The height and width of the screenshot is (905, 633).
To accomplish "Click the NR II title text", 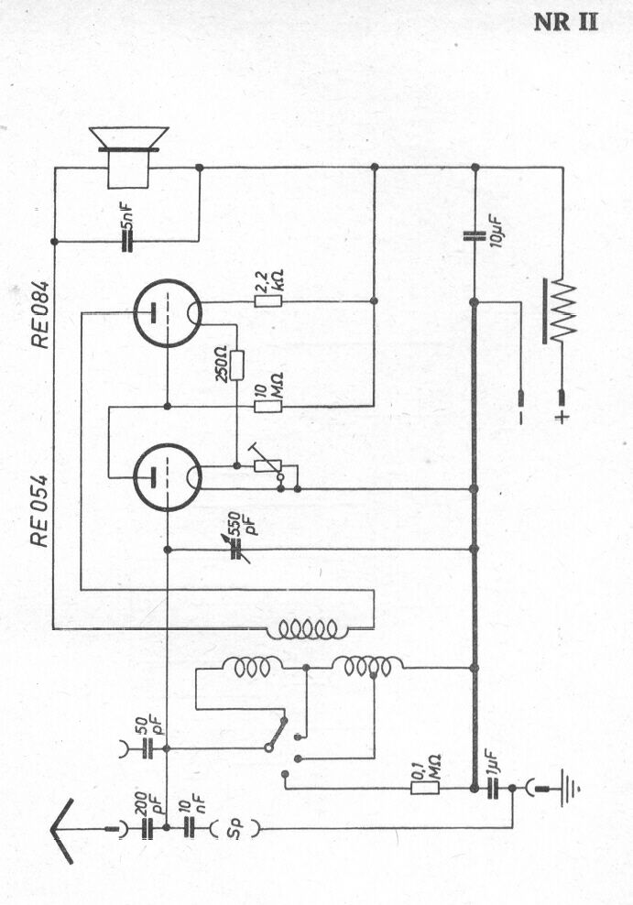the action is click(565, 22).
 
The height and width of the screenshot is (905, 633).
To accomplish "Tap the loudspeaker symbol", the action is click(128, 157).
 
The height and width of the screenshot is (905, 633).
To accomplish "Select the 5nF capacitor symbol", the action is click(127, 241).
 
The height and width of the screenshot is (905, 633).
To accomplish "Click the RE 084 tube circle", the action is click(168, 313).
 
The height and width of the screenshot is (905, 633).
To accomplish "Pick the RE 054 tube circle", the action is click(168, 477).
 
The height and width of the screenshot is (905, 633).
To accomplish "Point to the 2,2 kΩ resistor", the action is click(267, 300).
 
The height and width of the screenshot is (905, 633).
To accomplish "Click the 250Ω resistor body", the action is click(236, 365).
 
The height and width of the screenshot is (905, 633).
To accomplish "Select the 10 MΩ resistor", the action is click(267, 407).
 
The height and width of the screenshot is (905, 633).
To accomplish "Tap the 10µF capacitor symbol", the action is click(475, 235).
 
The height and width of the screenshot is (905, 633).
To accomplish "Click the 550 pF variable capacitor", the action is click(236, 550).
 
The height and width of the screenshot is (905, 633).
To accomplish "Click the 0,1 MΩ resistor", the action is click(425, 788).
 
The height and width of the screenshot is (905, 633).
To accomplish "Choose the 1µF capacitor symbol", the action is click(493, 788).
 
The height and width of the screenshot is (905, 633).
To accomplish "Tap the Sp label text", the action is click(235, 829).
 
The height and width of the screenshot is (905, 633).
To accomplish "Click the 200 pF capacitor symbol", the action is click(148, 828).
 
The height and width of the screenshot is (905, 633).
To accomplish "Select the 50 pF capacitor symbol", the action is click(148, 748).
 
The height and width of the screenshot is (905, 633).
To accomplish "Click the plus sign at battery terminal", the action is click(561, 417).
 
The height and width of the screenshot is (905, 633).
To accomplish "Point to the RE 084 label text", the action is click(40, 315).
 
